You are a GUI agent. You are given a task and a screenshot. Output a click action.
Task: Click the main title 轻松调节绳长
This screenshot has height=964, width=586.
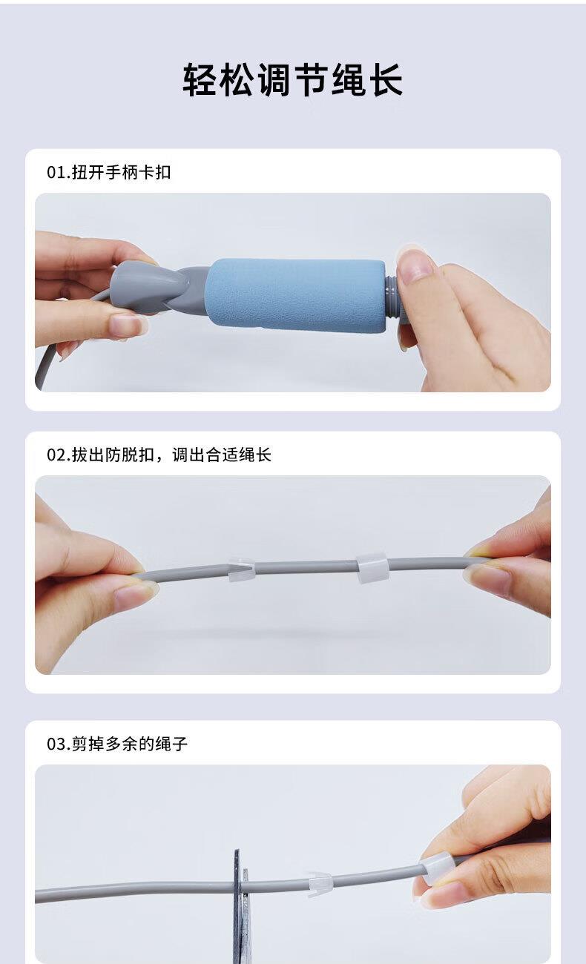(293, 79)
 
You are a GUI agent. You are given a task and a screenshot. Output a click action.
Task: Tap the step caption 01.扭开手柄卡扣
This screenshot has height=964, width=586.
(109, 172)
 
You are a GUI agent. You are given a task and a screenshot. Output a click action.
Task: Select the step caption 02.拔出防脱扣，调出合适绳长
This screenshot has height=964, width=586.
(159, 455)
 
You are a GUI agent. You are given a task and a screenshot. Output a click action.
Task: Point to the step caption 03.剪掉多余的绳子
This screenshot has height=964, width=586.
(117, 744)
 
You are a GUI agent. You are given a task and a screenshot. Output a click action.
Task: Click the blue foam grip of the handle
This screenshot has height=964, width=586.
(294, 295)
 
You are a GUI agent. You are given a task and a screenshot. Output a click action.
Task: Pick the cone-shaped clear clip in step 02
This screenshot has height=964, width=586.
(240, 569)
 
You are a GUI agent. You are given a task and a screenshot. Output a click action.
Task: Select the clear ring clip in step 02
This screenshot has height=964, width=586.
(372, 567)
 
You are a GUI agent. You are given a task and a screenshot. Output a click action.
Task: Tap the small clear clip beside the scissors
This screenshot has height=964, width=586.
(320, 885)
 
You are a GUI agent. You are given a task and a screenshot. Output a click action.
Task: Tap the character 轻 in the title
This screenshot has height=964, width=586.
(200, 79)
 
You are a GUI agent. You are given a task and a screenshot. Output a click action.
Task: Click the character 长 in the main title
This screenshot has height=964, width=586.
(386, 79)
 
